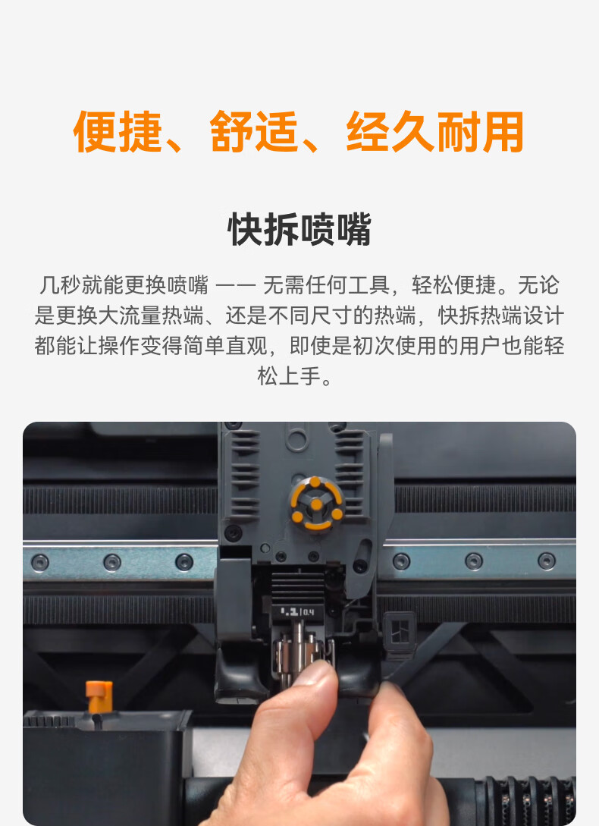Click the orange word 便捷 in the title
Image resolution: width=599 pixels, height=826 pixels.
tap(118, 132)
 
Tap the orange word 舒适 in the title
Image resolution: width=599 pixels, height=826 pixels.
tap(255, 132)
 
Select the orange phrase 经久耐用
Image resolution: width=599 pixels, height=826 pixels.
tap(435, 132)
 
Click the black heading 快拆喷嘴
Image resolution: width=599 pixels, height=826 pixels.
tap(299, 230)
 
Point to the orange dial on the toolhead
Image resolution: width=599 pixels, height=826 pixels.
tap(316, 504)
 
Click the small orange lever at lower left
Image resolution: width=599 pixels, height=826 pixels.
tap(99, 696)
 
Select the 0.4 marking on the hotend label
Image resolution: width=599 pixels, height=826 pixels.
tap(308, 612)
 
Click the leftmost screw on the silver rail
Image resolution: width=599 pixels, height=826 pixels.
tap(40, 563)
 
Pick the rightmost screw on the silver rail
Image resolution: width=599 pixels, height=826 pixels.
tap(547, 561)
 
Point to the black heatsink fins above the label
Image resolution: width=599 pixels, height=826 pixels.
tap(298, 586)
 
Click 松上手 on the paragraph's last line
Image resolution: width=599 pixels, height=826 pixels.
tap(289, 377)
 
